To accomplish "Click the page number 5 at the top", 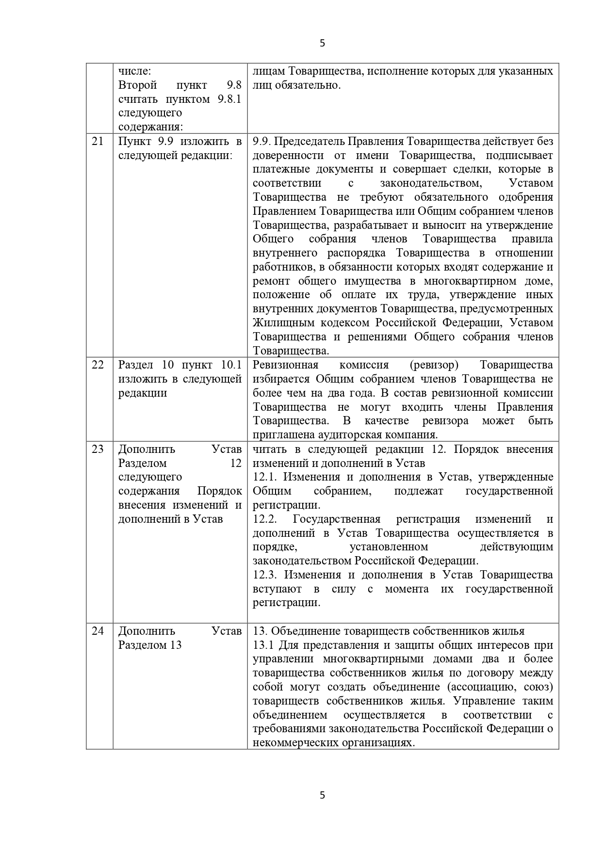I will pos(323,43).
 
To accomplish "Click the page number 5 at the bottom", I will pos(323,795).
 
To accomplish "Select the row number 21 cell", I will pos(98,142).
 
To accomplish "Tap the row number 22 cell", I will pos(98,365).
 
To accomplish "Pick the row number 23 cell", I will pos(98,449).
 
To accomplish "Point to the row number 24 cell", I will pos(98,631).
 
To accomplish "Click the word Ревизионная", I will pos(286,365).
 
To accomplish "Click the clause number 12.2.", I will pos(265,519).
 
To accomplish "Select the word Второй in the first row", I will pos(138,85).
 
